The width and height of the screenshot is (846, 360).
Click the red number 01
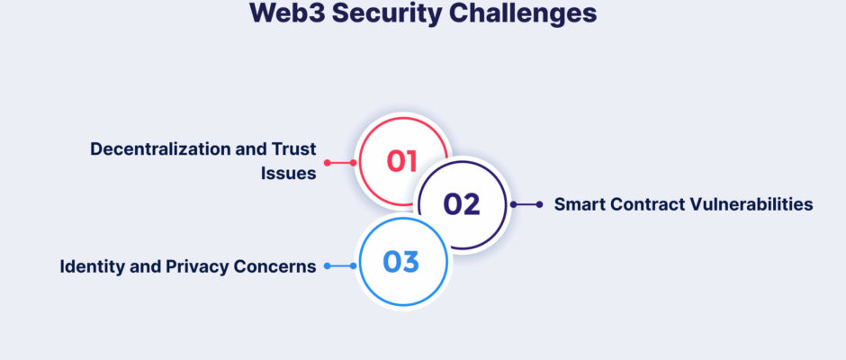(402, 161)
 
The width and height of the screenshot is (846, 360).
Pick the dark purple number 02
(462, 204)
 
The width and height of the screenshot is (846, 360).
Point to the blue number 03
(400, 262)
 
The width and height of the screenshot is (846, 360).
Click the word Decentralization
(161, 149)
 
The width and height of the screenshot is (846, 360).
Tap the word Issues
(289, 174)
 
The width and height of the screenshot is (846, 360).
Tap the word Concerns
(275, 266)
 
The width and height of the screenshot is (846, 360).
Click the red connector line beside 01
(340, 163)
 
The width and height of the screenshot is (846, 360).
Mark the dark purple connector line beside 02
(526, 204)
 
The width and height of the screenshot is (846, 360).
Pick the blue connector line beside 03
(340, 266)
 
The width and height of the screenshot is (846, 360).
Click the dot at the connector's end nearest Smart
(539, 204)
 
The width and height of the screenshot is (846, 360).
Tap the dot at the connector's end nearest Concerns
(327, 266)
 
